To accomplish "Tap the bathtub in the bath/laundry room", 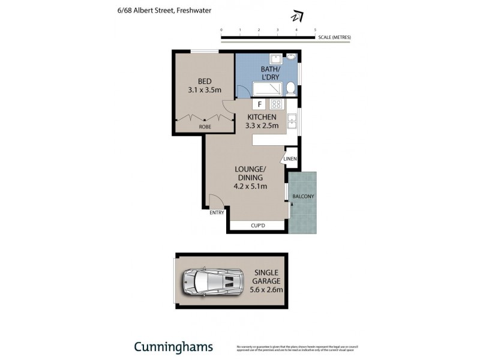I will (x=260, y=89).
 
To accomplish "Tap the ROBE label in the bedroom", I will (x=205, y=127).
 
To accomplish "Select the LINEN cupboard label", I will (x=290, y=159).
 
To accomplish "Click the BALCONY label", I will (x=303, y=197).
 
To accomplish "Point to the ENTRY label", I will (x=217, y=213).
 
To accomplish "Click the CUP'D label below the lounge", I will (x=257, y=226).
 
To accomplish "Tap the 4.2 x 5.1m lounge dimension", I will (x=250, y=187).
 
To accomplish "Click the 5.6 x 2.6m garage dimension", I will (x=266, y=289).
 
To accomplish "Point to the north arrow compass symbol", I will (x=296, y=16).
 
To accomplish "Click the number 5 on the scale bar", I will (x=315, y=29).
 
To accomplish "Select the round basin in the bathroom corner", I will (x=292, y=58).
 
